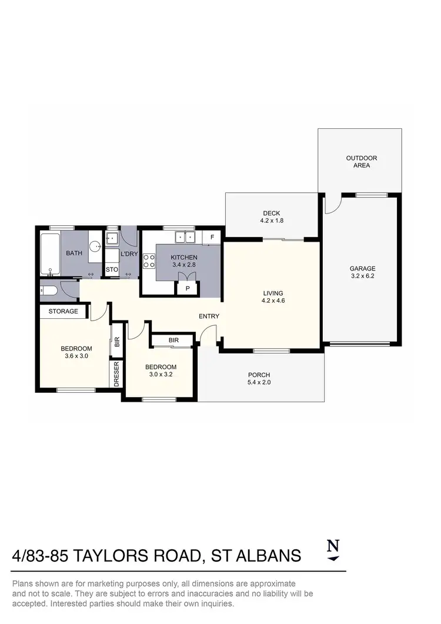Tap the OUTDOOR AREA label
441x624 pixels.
(x=361, y=162)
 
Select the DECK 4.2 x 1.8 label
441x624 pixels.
(x=272, y=217)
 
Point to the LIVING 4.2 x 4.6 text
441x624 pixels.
(x=273, y=297)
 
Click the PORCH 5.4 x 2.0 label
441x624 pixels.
(x=259, y=379)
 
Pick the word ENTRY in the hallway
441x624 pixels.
(x=209, y=316)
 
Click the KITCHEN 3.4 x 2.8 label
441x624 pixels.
(x=184, y=261)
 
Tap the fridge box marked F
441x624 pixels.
(x=211, y=238)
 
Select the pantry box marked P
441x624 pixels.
(x=188, y=289)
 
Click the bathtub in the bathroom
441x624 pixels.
(x=50, y=254)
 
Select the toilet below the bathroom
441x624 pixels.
(x=49, y=290)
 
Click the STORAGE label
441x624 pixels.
(x=63, y=311)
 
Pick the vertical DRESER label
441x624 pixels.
(x=116, y=374)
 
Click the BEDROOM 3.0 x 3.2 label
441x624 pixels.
(x=161, y=370)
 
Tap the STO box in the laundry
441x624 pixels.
(x=112, y=270)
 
